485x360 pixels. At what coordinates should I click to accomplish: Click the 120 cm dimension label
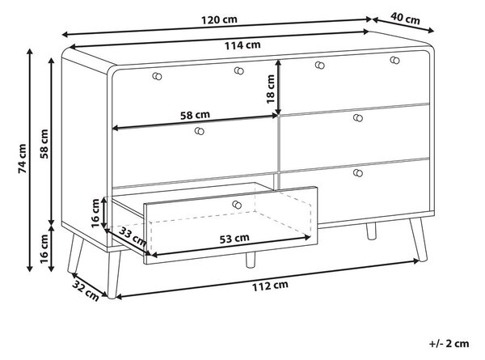[219, 19]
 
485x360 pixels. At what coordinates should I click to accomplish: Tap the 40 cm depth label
[405, 19]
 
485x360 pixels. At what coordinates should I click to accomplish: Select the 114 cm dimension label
[242, 45]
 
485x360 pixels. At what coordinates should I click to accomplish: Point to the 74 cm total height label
[23, 159]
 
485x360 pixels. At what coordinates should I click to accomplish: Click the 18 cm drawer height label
[270, 89]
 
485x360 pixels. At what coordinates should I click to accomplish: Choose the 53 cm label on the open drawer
[234, 239]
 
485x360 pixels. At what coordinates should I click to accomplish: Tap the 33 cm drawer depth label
[133, 236]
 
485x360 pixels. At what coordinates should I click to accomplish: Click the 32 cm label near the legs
[86, 290]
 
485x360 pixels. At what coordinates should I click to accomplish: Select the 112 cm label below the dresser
[270, 286]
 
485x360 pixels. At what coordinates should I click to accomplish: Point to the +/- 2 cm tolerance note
[449, 344]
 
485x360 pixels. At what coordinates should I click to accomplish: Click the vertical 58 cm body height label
[44, 144]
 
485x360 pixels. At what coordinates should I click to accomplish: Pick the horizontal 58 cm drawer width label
[195, 115]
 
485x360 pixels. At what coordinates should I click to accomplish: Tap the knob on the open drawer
[237, 205]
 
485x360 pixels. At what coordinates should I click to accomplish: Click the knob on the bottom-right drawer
[358, 173]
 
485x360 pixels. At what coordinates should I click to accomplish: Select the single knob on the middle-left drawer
[200, 131]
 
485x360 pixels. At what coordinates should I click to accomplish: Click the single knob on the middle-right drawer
[358, 118]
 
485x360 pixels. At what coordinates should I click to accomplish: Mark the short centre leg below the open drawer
[251, 260]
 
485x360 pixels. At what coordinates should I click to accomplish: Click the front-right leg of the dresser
[419, 239]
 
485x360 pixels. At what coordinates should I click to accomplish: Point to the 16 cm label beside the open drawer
[95, 214]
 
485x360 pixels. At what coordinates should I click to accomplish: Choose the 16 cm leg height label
[44, 248]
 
